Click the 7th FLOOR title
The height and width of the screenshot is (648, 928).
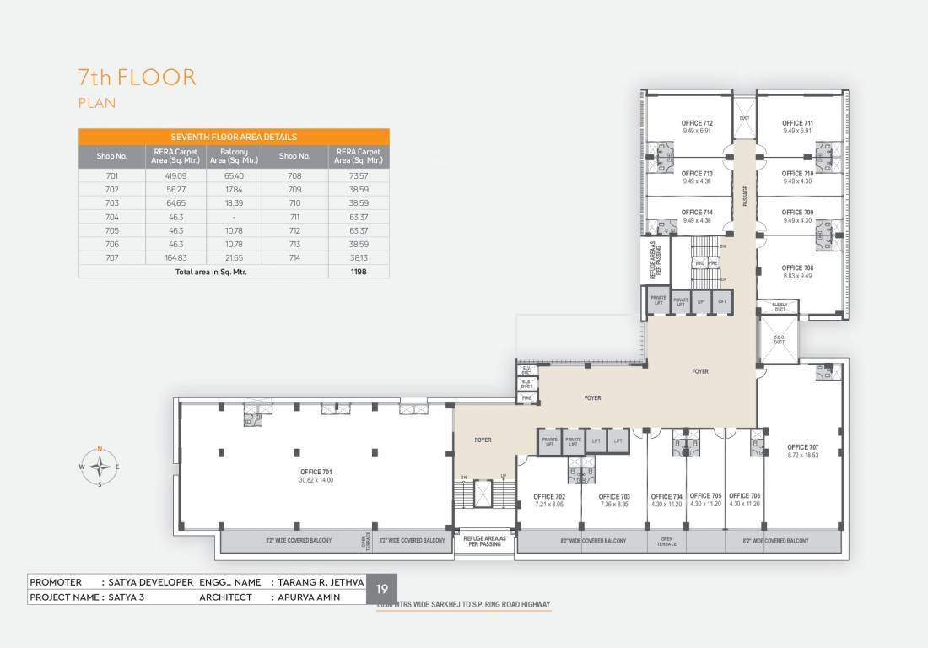pyautogui.click(x=137, y=78)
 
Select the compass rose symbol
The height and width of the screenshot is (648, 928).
pyautogui.click(x=100, y=466)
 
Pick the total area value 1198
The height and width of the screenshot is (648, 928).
pyautogui.click(x=359, y=273)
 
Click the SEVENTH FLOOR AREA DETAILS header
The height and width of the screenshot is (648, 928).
pyautogui.click(x=234, y=136)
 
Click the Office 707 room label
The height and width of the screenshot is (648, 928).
pyautogui.click(x=802, y=447)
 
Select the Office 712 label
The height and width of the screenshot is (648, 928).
pyautogui.click(x=697, y=123)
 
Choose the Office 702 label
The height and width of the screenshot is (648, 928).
pyautogui.click(x=549, y=496)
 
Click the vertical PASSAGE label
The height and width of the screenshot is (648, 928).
pyautogui.click(x=745, y=196)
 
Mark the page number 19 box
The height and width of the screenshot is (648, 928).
pyautogui.click(x=381, y=589)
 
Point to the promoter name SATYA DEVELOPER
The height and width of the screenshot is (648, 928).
pyautogui.click(x=147, y=582)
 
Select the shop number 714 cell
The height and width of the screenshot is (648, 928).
pyautogui.click(x=294, y=256)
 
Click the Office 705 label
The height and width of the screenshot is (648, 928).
pyautogui.click(x=705, y=496)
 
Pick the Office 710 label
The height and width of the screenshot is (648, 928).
pyautogui.click(x=797, y=174)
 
